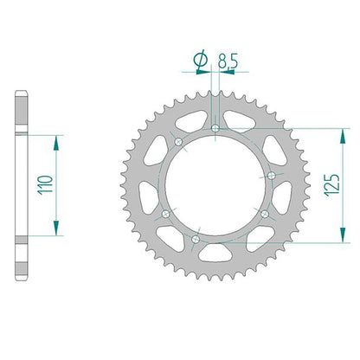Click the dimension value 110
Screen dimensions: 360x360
(x=46, y=185)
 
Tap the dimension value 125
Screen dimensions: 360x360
(x=332, y=185)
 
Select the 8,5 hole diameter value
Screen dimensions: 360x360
(x=228, y=61)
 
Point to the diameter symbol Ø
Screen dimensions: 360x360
(x=201, y=60)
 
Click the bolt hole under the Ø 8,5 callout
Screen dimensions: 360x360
(x=215, y=128)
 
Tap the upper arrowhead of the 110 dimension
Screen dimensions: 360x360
(x=56, y=143)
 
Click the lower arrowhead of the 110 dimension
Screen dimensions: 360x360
(x=56, y=228)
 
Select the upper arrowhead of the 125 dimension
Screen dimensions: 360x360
(x=343, y=136)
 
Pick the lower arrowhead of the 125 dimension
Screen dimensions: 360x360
(x=343, y=235)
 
